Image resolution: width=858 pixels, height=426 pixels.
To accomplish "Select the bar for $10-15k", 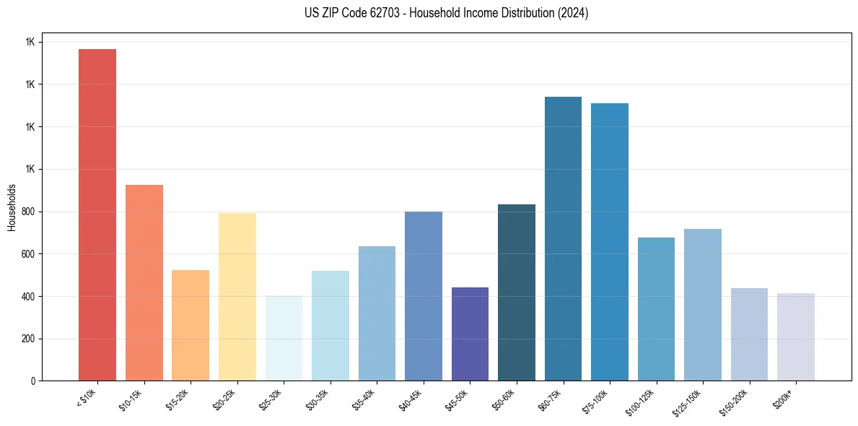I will pos(144,282).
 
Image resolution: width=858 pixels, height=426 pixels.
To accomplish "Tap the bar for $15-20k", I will pos(191,325).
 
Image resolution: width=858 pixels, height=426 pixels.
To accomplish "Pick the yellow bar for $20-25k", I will pos(237,297).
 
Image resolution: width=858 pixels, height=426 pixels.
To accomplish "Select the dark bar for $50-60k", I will pos(517,292).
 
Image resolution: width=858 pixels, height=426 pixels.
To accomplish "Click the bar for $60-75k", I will pos(563,238).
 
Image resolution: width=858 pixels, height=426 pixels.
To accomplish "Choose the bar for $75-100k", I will pos(610,242).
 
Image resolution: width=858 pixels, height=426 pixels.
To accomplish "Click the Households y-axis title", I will pos(12,207).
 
